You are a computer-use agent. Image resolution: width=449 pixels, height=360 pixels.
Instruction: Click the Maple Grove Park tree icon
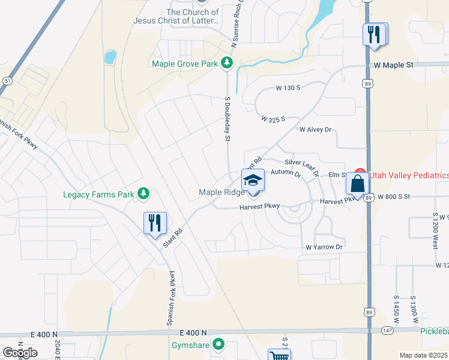click(x=226, y=62)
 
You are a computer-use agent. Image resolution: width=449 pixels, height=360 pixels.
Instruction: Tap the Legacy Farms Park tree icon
click(x=143, y=194)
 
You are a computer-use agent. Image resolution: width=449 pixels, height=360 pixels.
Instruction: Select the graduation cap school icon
click(x=253, y=180)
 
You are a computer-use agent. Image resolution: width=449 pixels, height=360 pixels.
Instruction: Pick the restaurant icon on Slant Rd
click(x=155, y=223)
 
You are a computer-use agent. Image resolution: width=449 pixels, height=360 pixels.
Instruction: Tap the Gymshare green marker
click(x=219, y=344)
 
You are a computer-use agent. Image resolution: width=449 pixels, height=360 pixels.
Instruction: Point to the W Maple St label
click(x=394, y=64)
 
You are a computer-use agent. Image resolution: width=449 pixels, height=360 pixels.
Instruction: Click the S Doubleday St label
click(x=228, y=119)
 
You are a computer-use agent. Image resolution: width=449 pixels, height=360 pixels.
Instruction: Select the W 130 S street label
click(x=288, y=88)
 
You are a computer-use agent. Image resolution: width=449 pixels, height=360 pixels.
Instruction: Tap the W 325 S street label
click(x=273, y=119)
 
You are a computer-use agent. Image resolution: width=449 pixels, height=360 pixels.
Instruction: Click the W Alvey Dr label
click(x=315, y=130)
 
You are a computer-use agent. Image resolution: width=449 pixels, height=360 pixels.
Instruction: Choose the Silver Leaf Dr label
click(x=301, y=162)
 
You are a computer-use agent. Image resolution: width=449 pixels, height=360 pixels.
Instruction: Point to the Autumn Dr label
click(x=285, y=173)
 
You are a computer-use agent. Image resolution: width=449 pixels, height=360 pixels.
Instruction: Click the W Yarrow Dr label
click(x=324, y=247)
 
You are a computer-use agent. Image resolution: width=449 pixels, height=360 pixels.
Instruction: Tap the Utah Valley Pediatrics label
click(x=408, y=175)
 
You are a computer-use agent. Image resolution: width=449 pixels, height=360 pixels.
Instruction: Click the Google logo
click(x=20, y=352)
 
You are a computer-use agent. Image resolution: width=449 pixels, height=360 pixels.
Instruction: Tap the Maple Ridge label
click(x=221, y=192)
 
